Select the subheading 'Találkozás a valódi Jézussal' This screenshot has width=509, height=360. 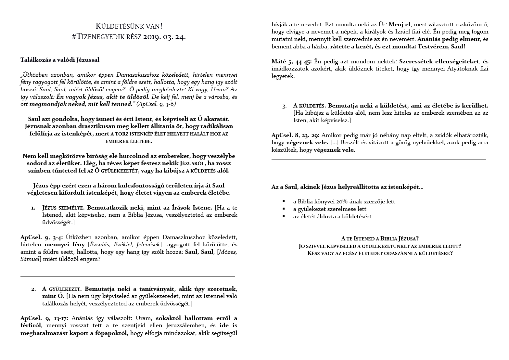pos(60,60)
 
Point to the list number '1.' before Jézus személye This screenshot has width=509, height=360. pos(33,208)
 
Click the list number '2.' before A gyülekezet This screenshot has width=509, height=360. pos(33,289)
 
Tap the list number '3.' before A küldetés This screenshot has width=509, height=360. pos(285,106)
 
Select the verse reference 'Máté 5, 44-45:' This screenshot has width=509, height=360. pos(291,61)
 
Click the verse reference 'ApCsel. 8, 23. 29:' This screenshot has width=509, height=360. pos(295,135)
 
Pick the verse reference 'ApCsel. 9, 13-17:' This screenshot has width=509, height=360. pos(44,318)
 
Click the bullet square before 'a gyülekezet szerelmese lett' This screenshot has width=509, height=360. pos(284,209)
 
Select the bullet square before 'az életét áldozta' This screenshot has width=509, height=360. pos(284,216)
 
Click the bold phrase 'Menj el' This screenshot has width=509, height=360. pos(400,24)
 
